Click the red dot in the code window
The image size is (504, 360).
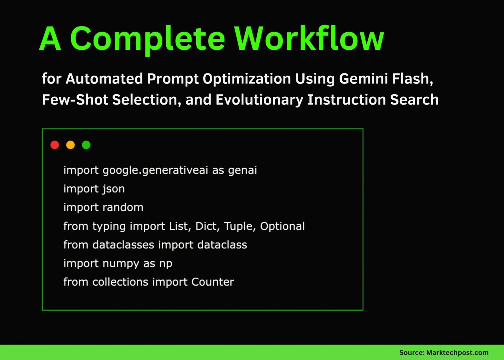(55, 145)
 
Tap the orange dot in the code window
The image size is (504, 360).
(71, 145)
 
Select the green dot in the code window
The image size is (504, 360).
(86, 145)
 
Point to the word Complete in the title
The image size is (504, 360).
(147, 39)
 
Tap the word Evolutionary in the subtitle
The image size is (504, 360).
(259, 100)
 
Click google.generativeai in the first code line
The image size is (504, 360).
(155, 170)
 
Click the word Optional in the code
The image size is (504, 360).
(282, 226)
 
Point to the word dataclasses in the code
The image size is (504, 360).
(123, 245)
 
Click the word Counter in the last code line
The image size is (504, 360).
(213, 282)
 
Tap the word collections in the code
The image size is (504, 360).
(120, 282)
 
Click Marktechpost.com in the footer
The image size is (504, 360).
(457, 352)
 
